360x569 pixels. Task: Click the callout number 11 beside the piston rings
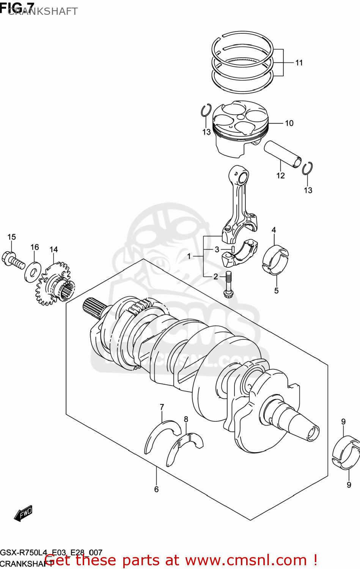tap(299, 63)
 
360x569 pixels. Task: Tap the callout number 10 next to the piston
tap(289, 123)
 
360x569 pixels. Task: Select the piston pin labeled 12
tap(283, 154)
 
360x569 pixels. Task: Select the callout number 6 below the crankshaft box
tap(156, 489)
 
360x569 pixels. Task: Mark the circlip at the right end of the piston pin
tap(307, 168)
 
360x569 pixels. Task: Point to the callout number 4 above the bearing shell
tap(274, 230)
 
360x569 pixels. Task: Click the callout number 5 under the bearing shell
tap(276, 291)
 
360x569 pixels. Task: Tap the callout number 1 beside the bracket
tap(189, 256)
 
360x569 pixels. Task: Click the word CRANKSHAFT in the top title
tap(42, 11)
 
